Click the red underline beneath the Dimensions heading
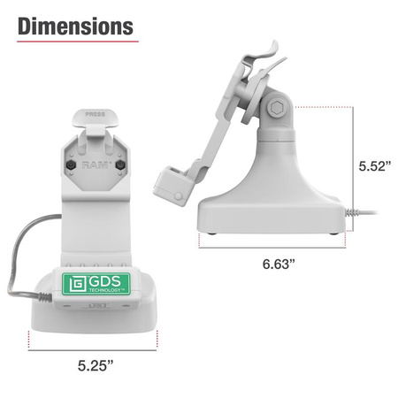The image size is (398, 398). (x=76, y=42)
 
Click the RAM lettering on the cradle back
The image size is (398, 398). (x=95, y=164)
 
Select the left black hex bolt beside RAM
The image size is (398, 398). (x=69, y=165)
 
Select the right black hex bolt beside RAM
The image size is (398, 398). (x=119, y=165)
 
